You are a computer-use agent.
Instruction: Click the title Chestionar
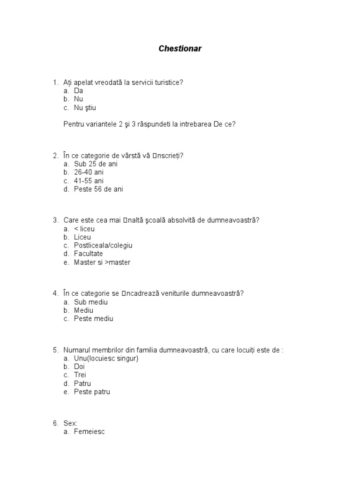coord(180,49)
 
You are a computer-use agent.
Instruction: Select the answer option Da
coord(78,91)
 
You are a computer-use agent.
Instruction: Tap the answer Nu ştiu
coord(85,108)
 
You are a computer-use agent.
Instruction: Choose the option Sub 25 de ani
coord(96,164)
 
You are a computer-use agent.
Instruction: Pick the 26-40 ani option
coord(89,172)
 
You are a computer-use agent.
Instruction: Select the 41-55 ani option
coord(89,181)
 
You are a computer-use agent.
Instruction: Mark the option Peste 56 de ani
coord(98,189)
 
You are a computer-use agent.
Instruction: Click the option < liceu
coord(84,229)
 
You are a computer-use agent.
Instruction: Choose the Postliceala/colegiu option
coord(103,246)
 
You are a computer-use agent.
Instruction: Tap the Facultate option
coord(88,254)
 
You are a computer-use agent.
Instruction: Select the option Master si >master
coord(102,262)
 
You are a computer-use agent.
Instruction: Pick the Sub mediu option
coord(91,302)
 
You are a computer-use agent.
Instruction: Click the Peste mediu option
coord(94,319)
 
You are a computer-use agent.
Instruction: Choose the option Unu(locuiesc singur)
coord(106,358)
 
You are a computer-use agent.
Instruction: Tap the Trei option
coord(80,375)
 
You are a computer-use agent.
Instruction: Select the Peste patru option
coord(92,392)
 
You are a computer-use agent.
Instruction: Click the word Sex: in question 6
coord(70,424)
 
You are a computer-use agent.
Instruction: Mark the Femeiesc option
coord(90,432)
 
